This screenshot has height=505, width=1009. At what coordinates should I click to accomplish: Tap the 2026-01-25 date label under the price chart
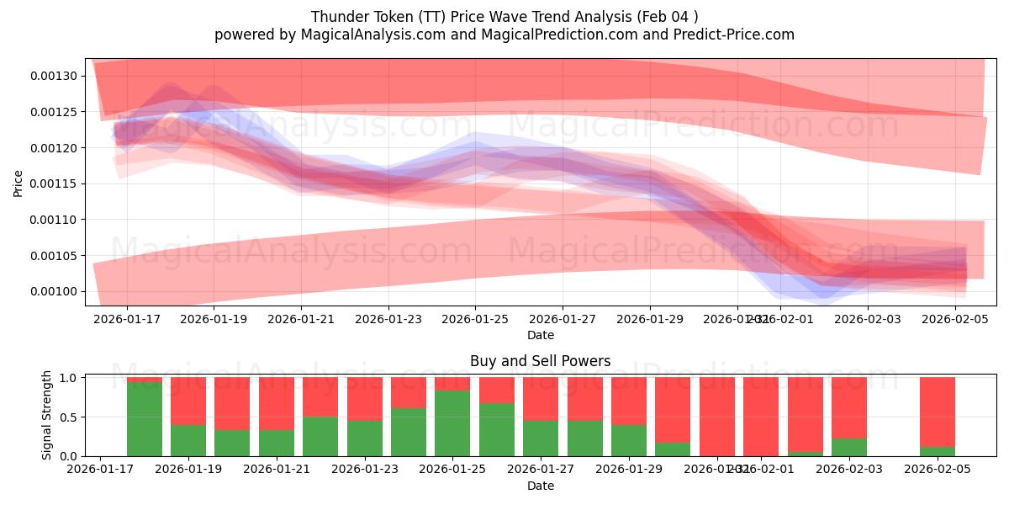(475, 320)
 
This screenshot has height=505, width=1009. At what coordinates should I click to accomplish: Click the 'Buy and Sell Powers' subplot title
(540, 362)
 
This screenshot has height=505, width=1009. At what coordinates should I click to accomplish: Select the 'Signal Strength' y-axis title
(47, 415)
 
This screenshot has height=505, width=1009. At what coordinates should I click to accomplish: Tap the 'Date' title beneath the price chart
(540, 335)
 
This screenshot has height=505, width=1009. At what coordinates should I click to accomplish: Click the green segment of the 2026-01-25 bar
(452, 423)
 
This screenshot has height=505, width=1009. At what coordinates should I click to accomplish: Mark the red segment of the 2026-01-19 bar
(232, 403)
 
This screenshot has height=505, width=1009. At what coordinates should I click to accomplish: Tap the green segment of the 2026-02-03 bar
(849, 447)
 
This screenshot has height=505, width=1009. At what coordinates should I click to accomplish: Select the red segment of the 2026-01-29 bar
(629, 401)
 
